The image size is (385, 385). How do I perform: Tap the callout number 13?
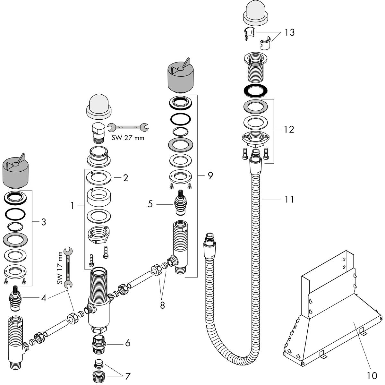tap(289, 33)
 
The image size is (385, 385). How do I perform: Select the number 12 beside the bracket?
tap(288, 130)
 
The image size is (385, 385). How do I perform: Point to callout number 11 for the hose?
tap(289, 199)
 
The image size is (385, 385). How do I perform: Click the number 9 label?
tap(210, 175)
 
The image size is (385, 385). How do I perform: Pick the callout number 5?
tap(150, 204)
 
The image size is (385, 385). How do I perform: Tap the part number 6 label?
tap(128, 343)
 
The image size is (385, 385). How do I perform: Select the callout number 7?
tap(128, 376)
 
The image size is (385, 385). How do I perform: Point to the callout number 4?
tap(44, 298)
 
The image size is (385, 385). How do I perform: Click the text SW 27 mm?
tap(128, 138)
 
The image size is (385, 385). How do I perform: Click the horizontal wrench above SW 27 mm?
tap(128, 128)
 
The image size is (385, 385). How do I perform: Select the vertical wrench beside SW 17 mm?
tap(68, 266)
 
